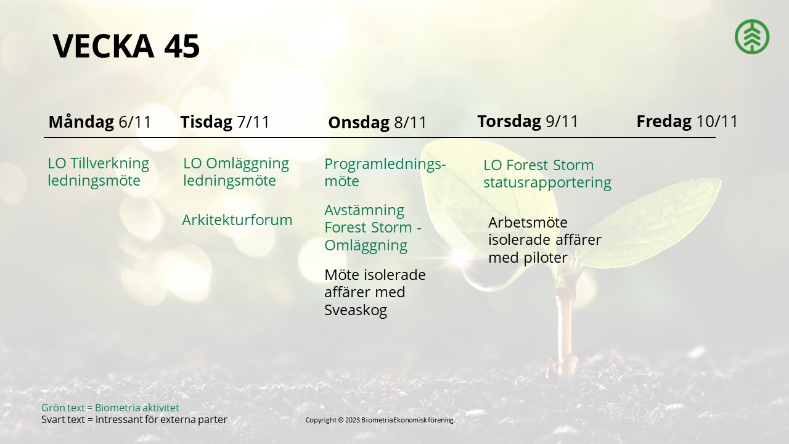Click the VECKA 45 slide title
pos(126,46)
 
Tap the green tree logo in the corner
pos(752,36)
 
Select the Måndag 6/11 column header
pos(100,122)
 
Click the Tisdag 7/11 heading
pos(225,122)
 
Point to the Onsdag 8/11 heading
pos(377,123)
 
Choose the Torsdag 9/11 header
pos(528,121)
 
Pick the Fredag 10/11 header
pos(687,121)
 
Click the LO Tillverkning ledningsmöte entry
pos(98,172)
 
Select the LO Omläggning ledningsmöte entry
pos(236,172)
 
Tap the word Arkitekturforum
pos(237,220)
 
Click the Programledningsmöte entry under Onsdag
pos(385,173)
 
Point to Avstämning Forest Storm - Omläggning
pos(373,228)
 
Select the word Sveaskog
pos(356,310)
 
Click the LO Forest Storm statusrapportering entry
pos(547,174)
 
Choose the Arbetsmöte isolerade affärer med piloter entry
pos(544,240)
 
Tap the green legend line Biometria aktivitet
pos(110,408)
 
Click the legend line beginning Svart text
pos(134,420)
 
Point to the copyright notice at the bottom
pos(380,420)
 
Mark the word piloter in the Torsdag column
pos(546,258)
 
